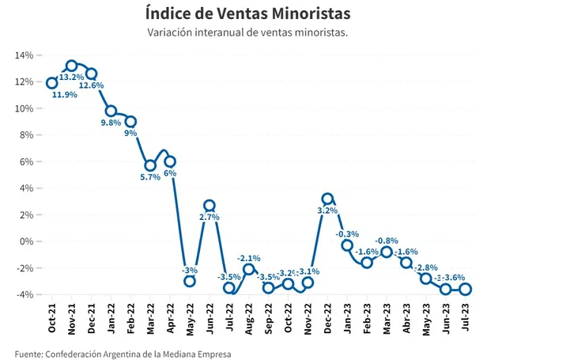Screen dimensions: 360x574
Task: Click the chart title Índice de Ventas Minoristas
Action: click(248, 14)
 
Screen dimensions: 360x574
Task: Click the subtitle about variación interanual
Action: click(248, 33)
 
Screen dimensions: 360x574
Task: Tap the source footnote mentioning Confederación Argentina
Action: click(123, 353)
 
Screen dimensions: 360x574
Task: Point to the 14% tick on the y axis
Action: click(23, 55)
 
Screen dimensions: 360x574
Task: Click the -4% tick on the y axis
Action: click(23, 294)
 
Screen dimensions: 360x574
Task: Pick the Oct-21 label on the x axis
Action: click(52, 320)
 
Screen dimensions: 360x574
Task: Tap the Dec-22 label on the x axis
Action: click(327, 320)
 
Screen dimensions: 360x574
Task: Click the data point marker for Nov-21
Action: click(72, 66)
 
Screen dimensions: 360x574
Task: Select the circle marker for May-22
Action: click(190, 281)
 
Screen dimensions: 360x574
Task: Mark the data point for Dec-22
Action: click(327, 199)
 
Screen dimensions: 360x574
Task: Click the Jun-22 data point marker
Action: click(210, 205)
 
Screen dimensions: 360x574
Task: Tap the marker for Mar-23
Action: click(387, 252)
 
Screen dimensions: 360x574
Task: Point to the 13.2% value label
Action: click(72, 78)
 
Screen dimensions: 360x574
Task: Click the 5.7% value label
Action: click(149, 177)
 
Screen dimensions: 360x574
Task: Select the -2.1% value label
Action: click(249, 258)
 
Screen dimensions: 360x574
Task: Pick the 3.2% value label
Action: click(327, 210)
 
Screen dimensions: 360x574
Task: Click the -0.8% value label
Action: click(387, 240)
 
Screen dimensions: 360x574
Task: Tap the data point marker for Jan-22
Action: click(111, 111)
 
